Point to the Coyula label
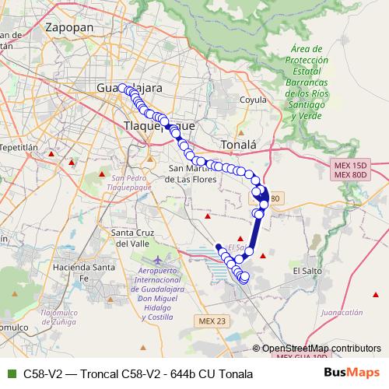click(x=254, y=100)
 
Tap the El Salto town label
click(x=307, y=270)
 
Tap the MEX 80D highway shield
click(x=349, y=175)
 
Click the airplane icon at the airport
click(x=160, y=258)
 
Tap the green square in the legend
click(x=10, y=374)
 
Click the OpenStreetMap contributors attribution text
click(x=321, y=348)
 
